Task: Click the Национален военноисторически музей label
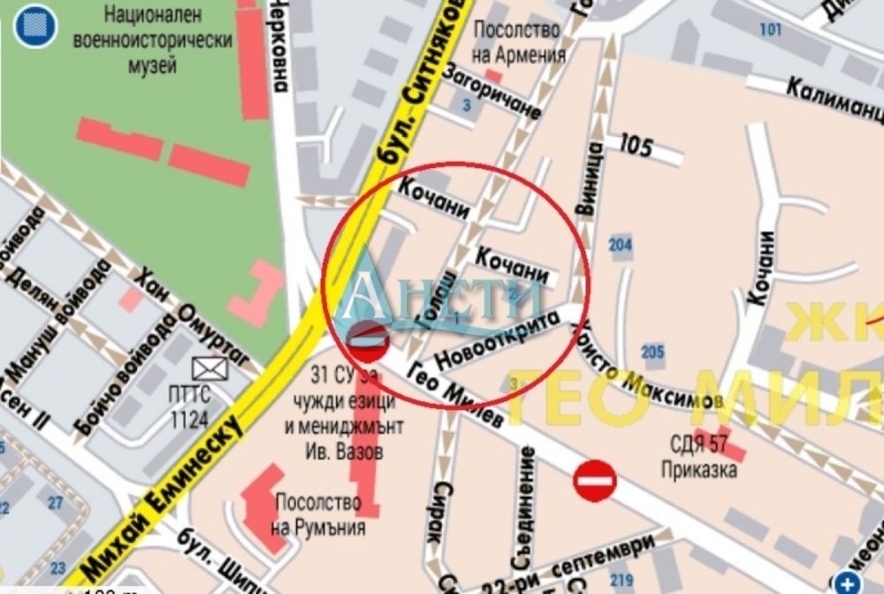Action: tap(166, 40)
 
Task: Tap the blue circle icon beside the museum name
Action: tap(34, 27)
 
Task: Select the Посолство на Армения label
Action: tap(519, 42)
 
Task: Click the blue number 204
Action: tap(621, 246)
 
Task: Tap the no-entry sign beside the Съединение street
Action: tap(595, 481)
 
